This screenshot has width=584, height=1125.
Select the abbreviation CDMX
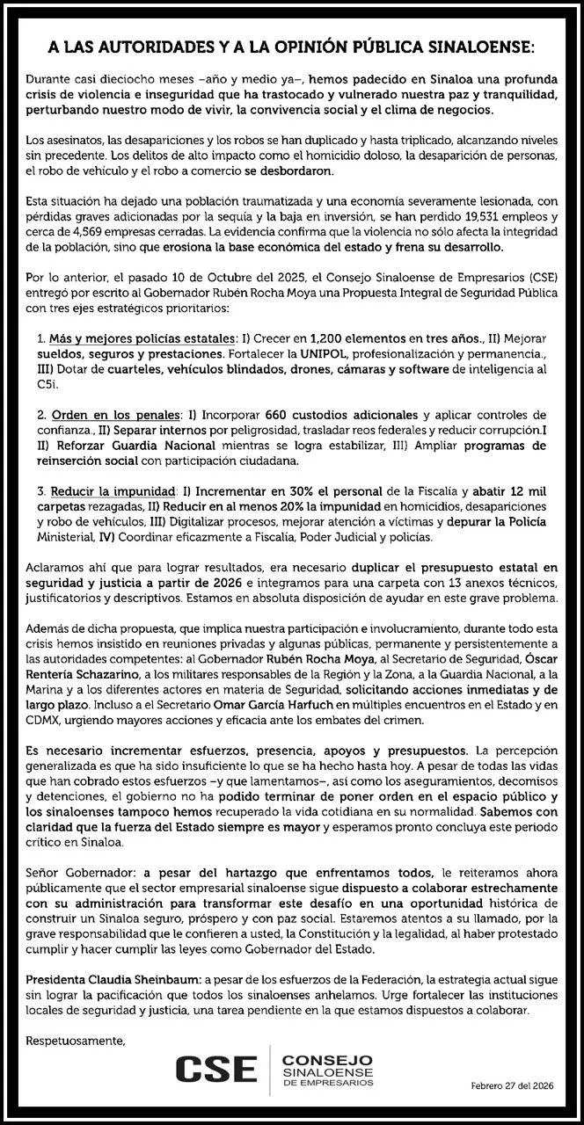point(46,721)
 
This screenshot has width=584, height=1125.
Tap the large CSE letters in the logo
point(215,1069)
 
